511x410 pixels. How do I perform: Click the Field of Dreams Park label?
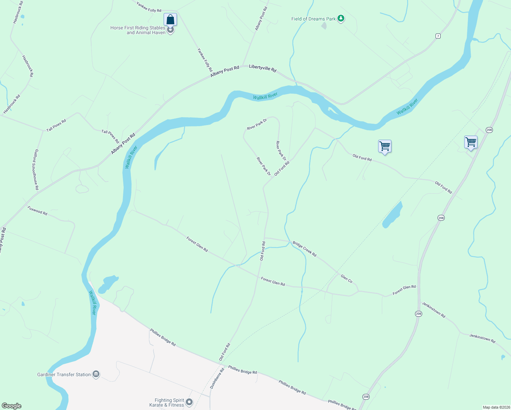[313, 19]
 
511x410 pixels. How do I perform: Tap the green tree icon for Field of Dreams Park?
[341, 18]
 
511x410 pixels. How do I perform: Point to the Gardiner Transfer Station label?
[64, 374]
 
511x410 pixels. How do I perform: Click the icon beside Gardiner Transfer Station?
[96, 374]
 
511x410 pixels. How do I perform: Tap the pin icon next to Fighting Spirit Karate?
[189, 402]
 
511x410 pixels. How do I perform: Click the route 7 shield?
[438, 36]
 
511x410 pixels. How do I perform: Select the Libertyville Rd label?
[263, 68]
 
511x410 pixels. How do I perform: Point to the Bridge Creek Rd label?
[304, 249]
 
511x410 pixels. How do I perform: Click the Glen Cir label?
[346, 279]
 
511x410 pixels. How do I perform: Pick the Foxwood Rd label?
[37, 210]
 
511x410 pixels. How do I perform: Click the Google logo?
[12, 406]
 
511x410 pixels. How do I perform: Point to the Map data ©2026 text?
[496, 407]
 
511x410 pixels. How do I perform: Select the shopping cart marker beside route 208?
[471, 142]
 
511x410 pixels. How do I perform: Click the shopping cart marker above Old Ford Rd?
[385, 147]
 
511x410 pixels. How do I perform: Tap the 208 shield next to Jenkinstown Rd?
[418, 314]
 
